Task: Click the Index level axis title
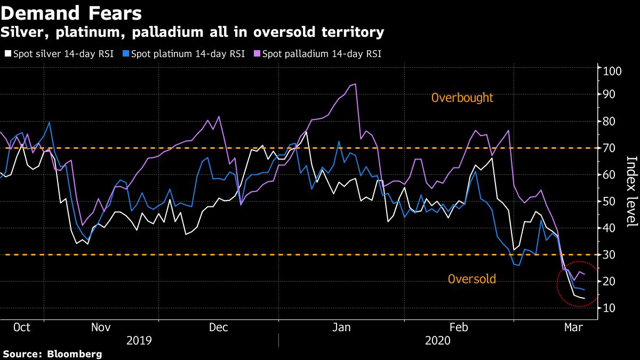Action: [631, 191]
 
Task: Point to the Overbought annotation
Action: [462, 98]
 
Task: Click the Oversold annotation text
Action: [471, 279]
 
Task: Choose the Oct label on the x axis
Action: [22, 327]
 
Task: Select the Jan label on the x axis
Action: [342, 327]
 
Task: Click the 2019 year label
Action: [139, 340]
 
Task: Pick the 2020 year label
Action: [438, 340]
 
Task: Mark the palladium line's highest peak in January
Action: [355, 84]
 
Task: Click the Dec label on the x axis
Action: [219, 327]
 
